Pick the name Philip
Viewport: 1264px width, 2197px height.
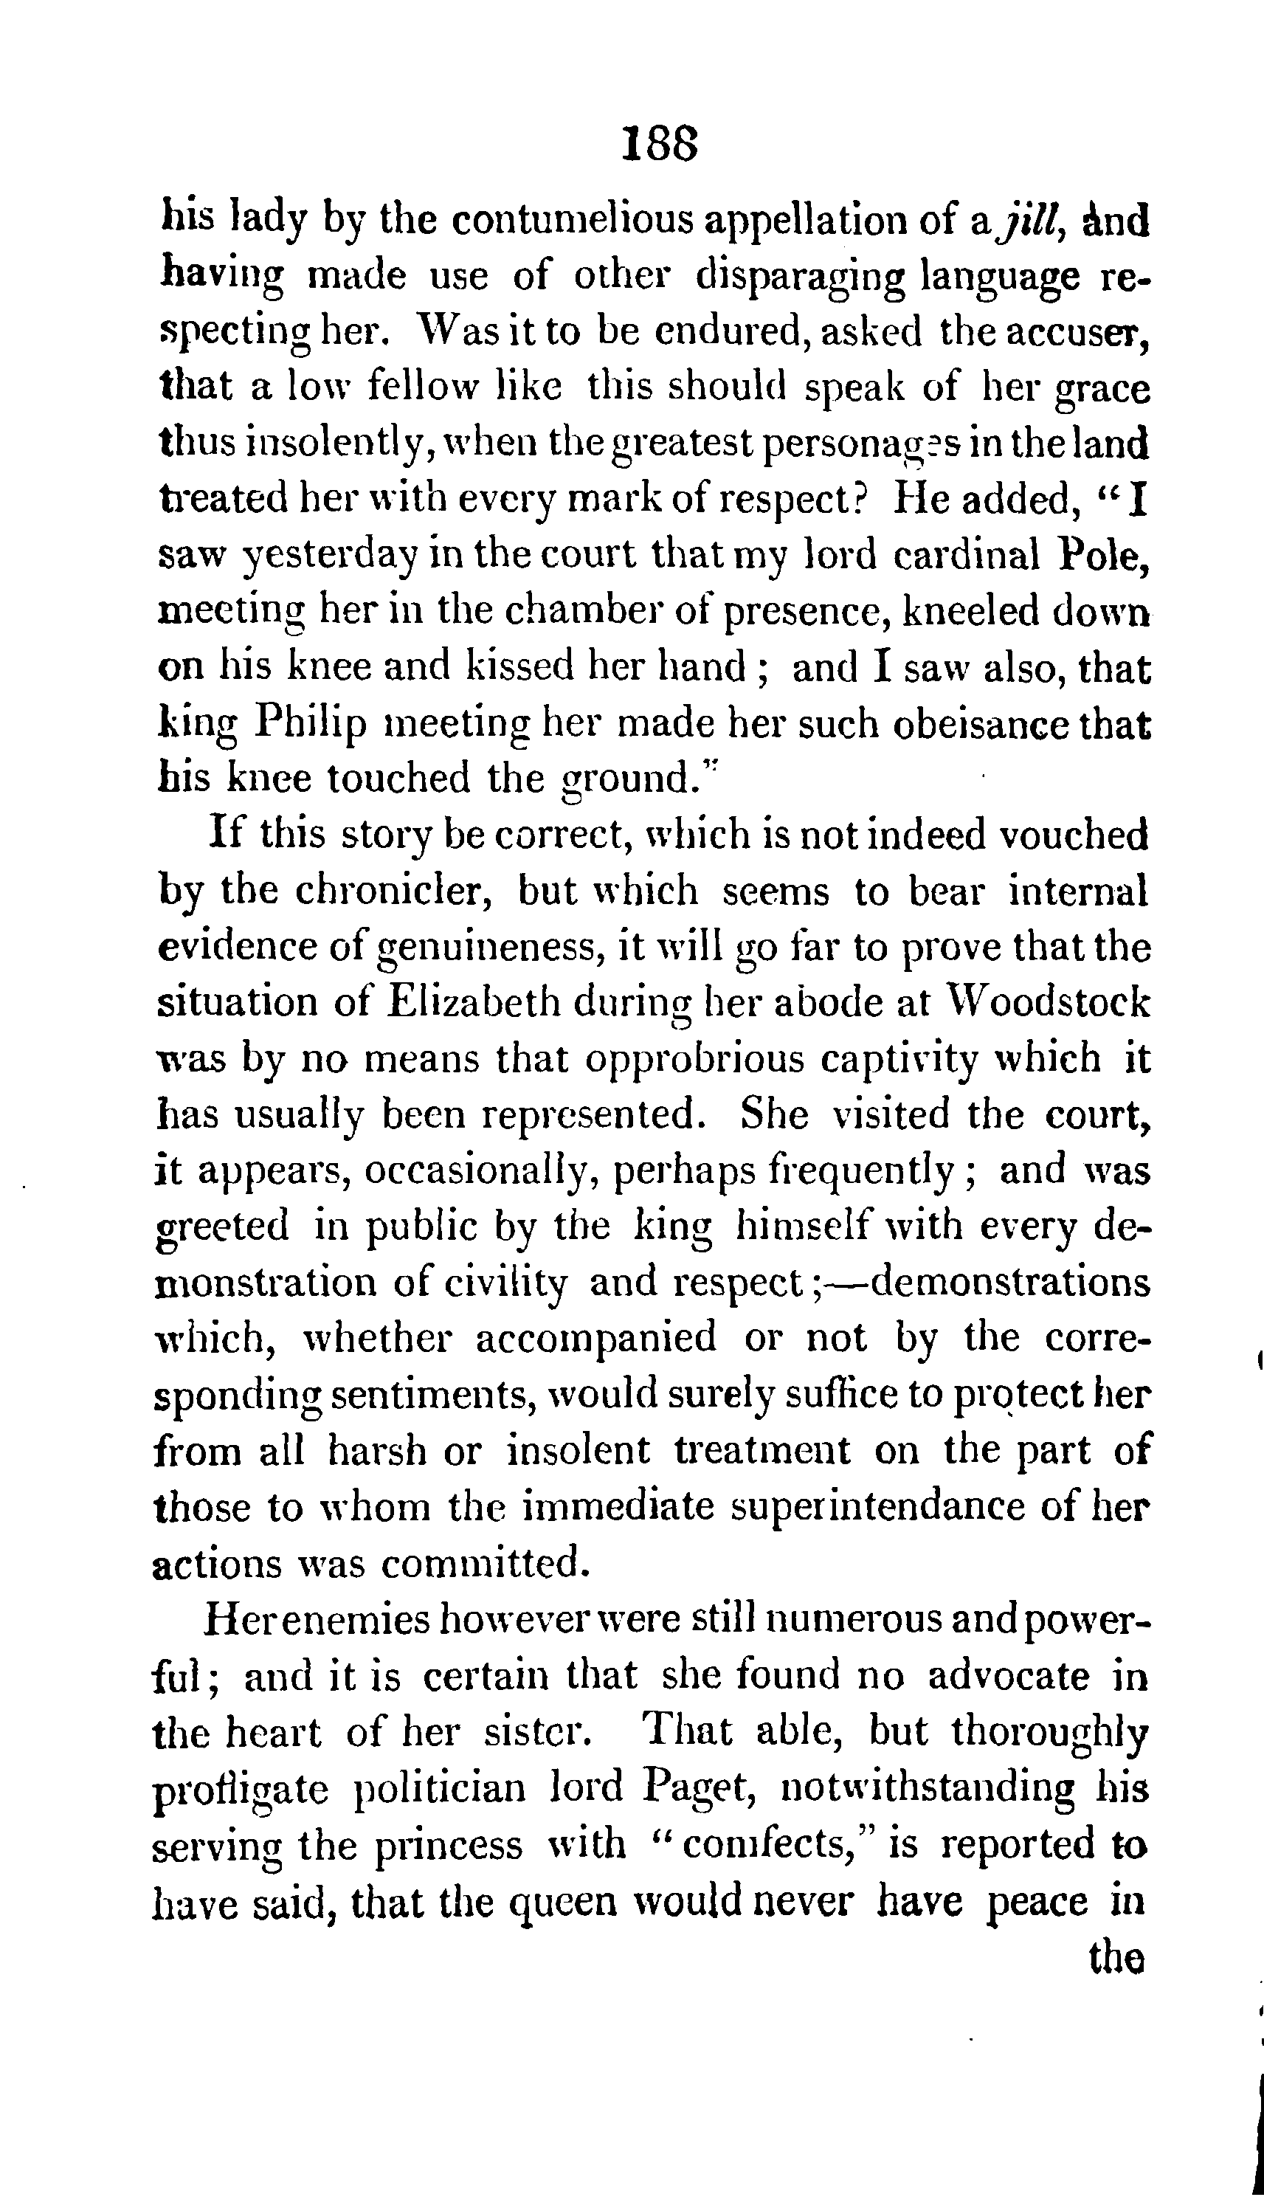(309, 723)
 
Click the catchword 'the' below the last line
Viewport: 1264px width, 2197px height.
(1116, 1957)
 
